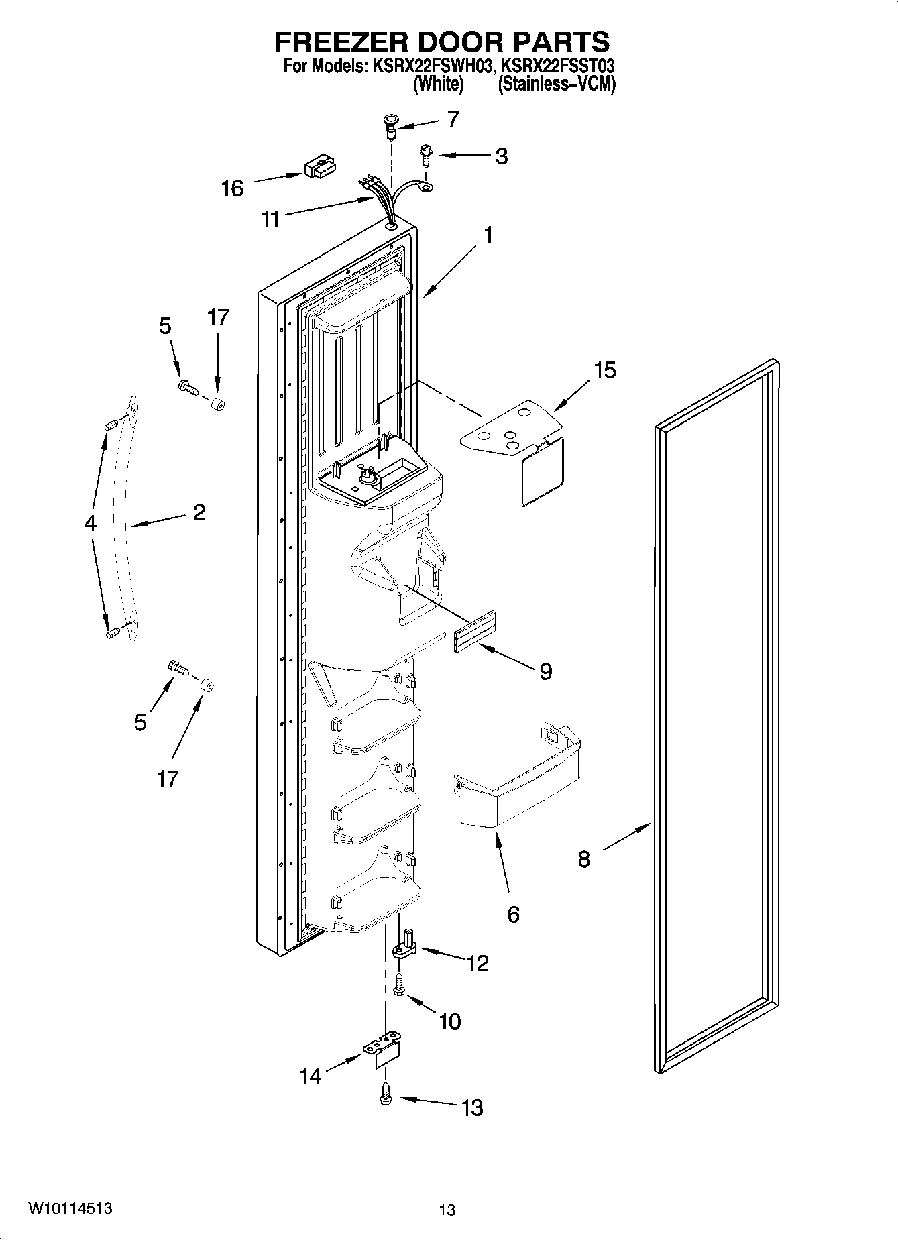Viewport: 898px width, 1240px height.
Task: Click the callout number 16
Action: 232,188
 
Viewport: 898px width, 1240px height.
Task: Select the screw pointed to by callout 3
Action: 425,155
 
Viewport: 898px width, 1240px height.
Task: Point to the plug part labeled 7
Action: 390,125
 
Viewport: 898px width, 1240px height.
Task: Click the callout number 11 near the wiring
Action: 270,219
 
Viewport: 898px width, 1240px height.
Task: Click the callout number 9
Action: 545,671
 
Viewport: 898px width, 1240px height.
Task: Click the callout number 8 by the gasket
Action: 584,859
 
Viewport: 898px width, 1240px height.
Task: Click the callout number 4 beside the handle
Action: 91,524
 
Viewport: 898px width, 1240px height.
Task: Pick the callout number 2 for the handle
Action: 199,513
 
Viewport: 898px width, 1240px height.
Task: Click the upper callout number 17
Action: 218,317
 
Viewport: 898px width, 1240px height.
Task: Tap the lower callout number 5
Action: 140,722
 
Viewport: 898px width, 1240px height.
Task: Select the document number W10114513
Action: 70,1209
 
